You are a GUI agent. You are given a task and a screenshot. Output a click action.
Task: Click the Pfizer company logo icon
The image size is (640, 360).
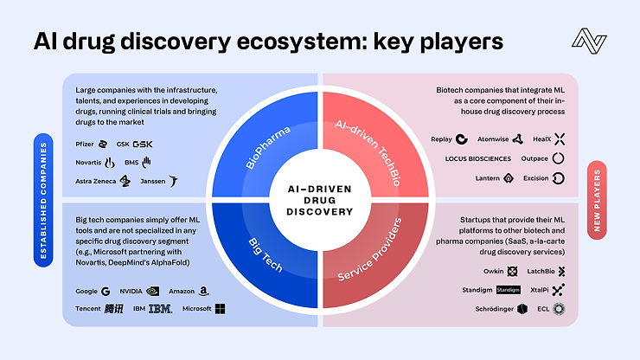[x=102, y=143]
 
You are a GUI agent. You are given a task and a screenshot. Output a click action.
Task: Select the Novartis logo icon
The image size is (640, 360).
[x=110, y=162]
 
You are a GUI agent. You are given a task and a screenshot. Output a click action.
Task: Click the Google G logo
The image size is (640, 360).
[x=106, y=292]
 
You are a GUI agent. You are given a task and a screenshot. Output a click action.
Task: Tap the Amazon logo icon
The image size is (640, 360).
[x=202, y=292]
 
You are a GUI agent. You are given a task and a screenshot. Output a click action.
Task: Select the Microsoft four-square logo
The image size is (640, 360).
[x=220, y=309]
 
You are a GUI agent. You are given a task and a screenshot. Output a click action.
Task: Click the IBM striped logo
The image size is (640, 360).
[x=160, y=309]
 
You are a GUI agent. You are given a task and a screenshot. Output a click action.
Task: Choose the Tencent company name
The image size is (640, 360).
[x=87, y=309]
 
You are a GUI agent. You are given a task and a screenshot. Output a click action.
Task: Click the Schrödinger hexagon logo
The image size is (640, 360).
[x=522, y=309]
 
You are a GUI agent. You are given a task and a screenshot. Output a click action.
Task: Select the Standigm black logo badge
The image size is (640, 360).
[x=508, y=290]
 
